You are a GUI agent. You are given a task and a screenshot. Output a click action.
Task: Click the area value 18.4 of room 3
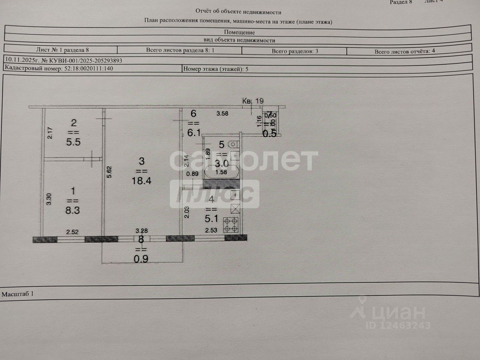click(x=142, y=181)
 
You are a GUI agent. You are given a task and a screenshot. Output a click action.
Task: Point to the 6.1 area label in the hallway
click(x=193, y=132)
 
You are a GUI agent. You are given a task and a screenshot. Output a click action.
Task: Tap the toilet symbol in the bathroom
click(x=233, y=144)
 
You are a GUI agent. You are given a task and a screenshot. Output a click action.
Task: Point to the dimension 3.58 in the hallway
click(x=222, y=114)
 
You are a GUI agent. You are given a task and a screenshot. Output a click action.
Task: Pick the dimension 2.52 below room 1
click(x=72, y=231)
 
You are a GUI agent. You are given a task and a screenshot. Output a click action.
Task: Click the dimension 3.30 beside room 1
click(x=49, y=200)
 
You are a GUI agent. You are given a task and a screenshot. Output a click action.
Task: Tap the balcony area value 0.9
click(x=141, y=259)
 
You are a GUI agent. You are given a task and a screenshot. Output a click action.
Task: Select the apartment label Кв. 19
click(x=253, y=101)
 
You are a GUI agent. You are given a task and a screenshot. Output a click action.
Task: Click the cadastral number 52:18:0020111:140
click(x=86, y=69)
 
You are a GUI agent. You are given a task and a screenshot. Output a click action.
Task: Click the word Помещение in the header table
click(x=239, y=32)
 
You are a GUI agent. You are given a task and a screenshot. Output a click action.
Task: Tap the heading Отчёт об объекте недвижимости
click(x=239, y=11)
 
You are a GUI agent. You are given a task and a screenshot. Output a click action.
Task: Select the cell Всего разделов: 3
click(x=295, y=51)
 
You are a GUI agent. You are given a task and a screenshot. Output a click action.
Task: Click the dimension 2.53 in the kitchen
click(x=211, y=230)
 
